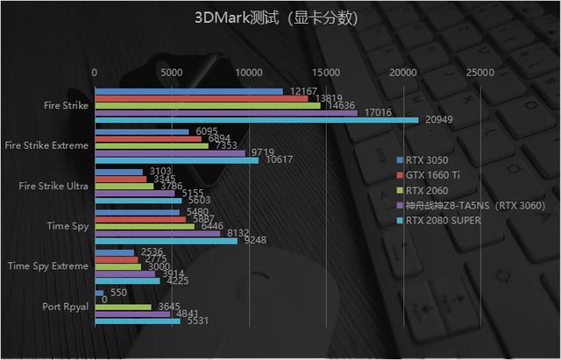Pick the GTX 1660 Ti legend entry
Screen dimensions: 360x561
[x=432, y=175]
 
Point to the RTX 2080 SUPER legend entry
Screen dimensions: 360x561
[x=443, y=221]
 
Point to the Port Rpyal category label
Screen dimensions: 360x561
[x=64, y=307]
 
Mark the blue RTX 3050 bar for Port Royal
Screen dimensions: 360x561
[x=99, y=293]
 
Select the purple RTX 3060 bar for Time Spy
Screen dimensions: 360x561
[x=157, y=233]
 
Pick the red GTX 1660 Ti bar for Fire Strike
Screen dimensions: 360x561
[x=201, y=98]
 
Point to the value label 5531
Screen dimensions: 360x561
[x=197, y=321]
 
